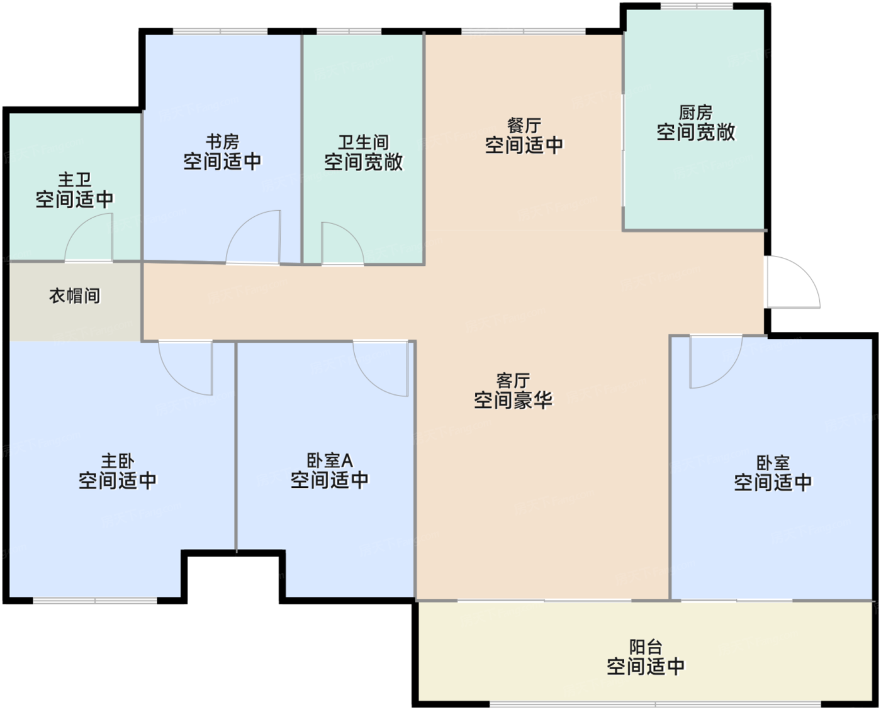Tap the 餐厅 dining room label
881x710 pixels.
[524, 125]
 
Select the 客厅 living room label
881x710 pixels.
[513, 380]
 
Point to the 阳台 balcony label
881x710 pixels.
[646, 647]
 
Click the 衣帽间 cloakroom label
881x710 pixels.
[74, 296]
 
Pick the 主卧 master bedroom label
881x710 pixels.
[118, 461]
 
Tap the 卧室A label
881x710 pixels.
[330, 460]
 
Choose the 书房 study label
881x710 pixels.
[222, 142]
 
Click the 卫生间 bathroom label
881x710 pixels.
[364, 142]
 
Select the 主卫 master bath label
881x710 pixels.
[74, 180]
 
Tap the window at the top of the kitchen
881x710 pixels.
[697, 6]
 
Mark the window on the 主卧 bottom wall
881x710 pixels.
[95, 601]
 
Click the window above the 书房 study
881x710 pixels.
[220, 31]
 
